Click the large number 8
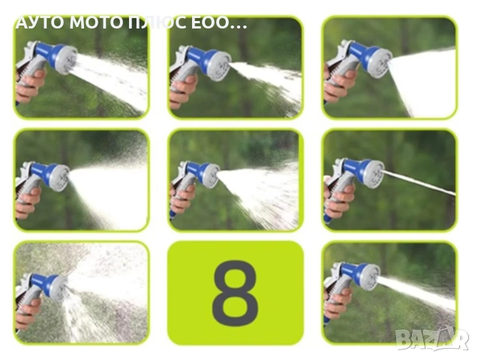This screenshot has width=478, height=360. [235, 293]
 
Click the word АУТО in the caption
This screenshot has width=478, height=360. [40, 22]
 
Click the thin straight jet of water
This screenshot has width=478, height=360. [418, 182]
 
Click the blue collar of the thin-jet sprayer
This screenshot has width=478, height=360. [354, 168]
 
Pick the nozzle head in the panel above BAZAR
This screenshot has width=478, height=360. [369, 277]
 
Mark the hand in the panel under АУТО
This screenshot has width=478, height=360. [30, 85]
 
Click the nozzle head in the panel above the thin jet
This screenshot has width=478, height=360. [380, 63]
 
